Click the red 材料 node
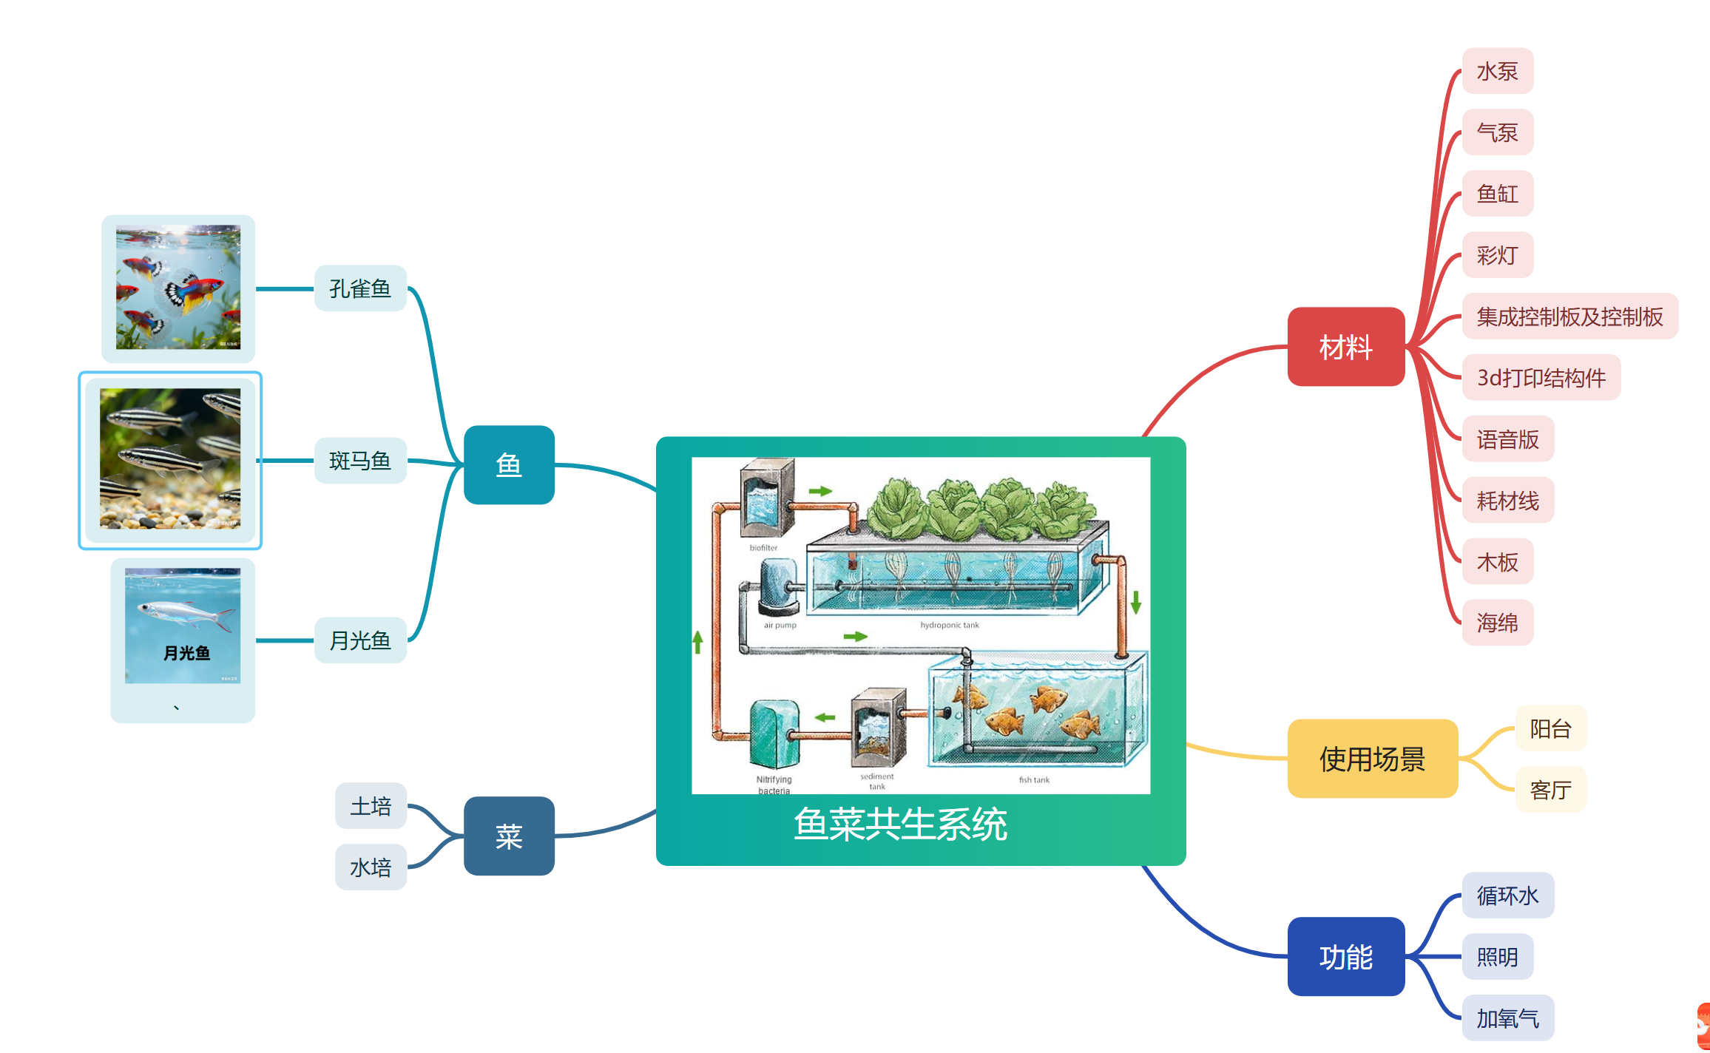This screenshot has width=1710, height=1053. pos(1345,347)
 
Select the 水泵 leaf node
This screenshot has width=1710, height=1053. pos(1497,71)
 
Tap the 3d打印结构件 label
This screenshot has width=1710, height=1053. pos(1541,378)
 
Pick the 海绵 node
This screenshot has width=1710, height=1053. pos(1497,623)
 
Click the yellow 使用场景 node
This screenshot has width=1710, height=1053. pos(1372,759)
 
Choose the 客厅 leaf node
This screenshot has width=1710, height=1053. pos(1550,790)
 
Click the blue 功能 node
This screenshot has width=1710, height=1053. pos(1345,957)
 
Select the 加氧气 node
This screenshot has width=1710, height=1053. pos(1507,1018)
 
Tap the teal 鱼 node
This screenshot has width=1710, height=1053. pos(509,464)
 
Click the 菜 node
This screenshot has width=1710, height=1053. pos(509,836)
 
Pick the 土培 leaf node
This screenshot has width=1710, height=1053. pos(371,806)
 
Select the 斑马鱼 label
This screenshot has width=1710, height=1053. pos(360,461)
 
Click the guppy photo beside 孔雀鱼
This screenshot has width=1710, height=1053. pos(178,287)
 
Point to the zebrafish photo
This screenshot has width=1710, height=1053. pos(170,458)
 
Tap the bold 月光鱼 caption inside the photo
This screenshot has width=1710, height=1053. pos(186,654)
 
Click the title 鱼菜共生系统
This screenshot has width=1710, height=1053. pos(900,824)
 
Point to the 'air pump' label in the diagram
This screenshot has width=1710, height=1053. pos(780,626)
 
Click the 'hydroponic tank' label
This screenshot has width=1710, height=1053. pos(949,626)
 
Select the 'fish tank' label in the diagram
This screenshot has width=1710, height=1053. pos(1034,780)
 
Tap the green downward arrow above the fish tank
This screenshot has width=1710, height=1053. pos(1136,602)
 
